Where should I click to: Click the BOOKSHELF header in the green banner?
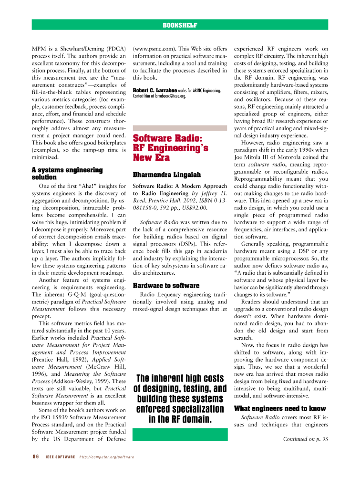click(x=180, y=25)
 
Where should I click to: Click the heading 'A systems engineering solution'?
click(x=67, y=173)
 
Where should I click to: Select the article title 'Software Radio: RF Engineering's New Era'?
click(x=170, y=148)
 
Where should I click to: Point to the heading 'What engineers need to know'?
click(x=280, y=408)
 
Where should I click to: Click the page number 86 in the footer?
click(x=35, y=456)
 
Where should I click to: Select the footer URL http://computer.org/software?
click(x=106, y=456)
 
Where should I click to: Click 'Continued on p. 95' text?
click(x=306, y=439)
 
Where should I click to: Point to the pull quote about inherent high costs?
click(x=180, y=398)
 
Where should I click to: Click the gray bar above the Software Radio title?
click(x=180, y=128)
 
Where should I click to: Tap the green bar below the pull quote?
click(x=180, y=434)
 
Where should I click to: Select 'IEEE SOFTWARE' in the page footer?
click(x=61, y=456)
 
